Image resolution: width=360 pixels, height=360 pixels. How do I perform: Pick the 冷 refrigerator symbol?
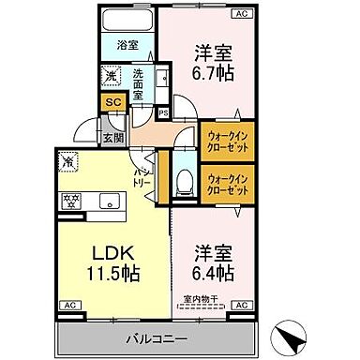tap(68, 161)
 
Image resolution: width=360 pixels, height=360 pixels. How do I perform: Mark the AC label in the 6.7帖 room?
tap(241, 14)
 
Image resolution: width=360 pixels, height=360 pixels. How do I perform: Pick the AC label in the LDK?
tap(69, 306)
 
